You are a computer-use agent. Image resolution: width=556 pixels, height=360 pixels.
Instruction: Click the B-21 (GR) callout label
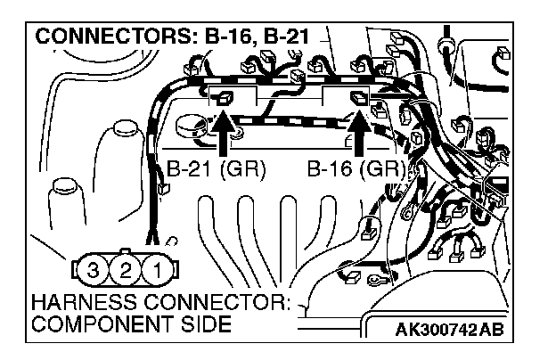216,169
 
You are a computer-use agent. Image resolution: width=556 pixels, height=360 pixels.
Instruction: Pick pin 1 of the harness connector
156,267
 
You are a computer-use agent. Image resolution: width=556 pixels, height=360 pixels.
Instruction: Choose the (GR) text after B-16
385,169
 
